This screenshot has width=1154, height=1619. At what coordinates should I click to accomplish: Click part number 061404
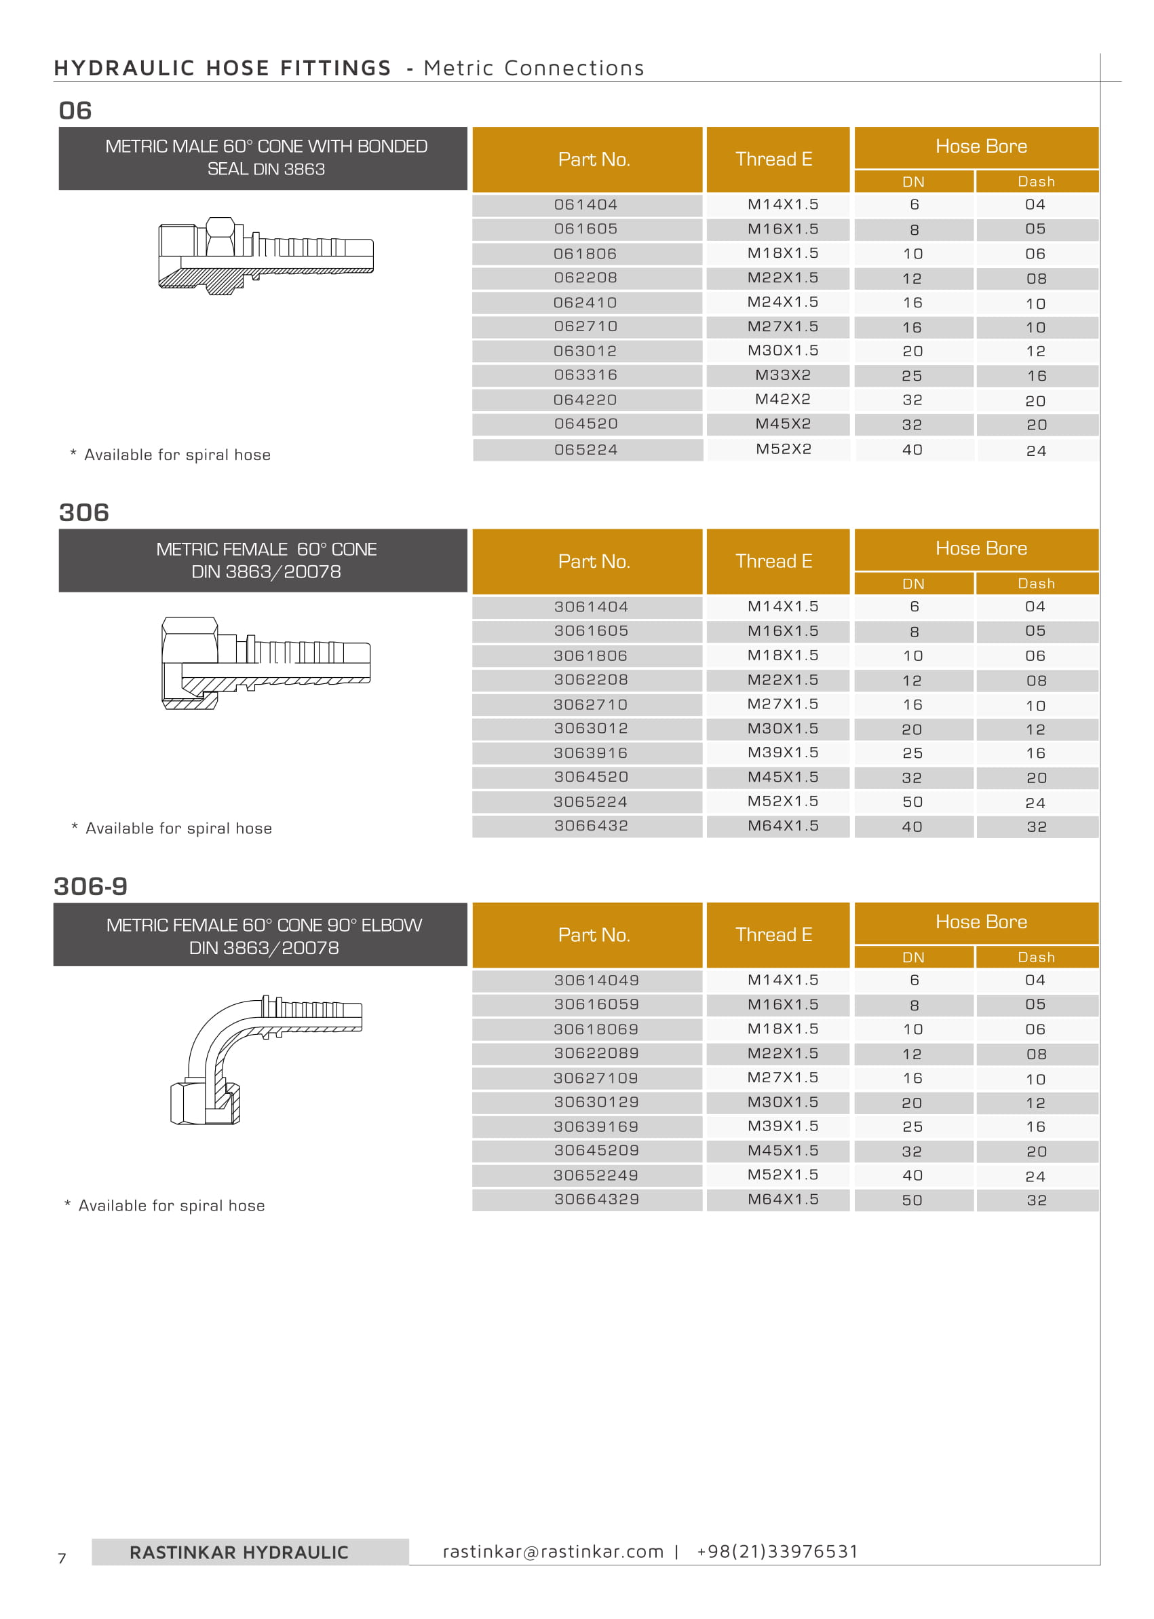click(585, 205)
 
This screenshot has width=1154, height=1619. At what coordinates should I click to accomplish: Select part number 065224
click(585, 449)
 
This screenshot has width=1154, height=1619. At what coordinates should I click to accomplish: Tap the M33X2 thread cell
click(782, 375)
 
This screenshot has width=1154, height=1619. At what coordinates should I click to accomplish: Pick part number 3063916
click(590, 753)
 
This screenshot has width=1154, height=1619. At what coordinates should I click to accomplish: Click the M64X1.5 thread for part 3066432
click(782, 825)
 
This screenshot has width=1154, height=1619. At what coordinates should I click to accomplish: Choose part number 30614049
click(596, 980)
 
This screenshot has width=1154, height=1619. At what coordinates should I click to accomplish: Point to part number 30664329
click(596, 1199)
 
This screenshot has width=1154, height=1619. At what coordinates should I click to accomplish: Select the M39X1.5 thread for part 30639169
click(782, 1126)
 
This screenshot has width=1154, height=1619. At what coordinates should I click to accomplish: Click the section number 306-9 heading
click(90, 886)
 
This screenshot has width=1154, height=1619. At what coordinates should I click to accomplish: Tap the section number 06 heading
click(75, 111)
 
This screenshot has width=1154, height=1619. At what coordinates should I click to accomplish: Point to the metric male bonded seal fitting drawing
click(266, 256)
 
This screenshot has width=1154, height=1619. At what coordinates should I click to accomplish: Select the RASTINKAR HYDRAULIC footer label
click(239, 1553)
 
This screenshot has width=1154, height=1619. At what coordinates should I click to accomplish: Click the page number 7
click(62, 1559)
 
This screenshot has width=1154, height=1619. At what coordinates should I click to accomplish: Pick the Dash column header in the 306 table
click(1036, 584)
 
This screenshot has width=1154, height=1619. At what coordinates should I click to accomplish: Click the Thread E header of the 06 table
click(774, 159)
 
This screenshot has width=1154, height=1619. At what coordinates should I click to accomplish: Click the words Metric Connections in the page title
click(534, 69)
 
